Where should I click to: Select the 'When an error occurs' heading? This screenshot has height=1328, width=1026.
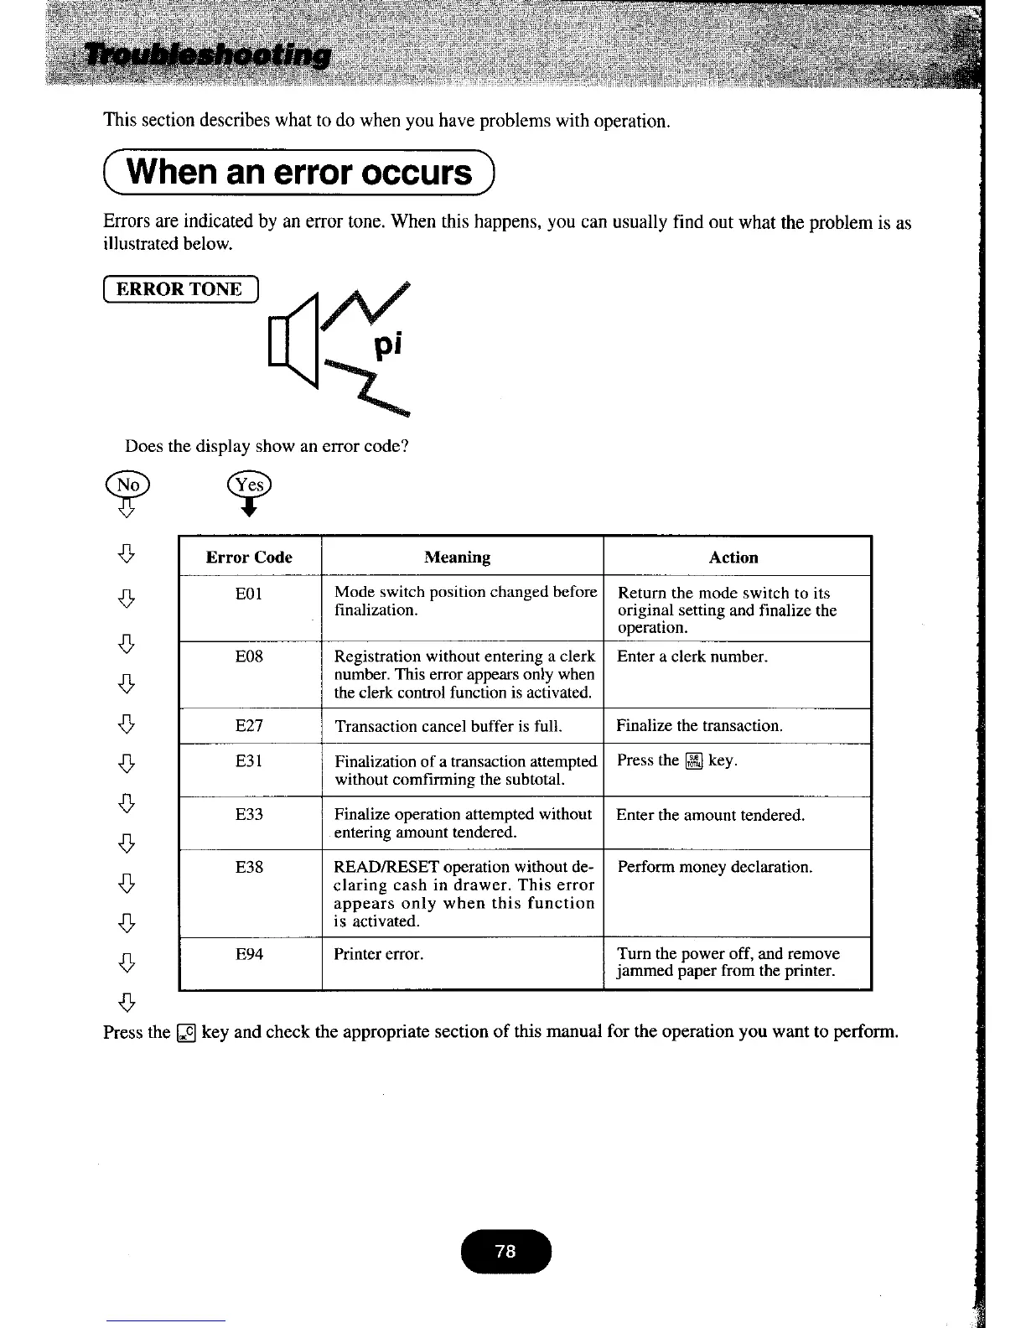[x=299, y=172]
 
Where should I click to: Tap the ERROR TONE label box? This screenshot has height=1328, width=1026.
[x=179, y=289]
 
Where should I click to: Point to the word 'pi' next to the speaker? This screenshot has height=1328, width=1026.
[x=390, y=344]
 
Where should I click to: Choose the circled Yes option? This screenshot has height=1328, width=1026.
[x=249, y=485]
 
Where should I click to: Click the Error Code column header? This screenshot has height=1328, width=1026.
[x=249, y=558]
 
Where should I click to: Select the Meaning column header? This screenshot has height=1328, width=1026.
[x=457, y=558]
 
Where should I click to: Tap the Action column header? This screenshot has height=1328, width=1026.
[x=733, y=558]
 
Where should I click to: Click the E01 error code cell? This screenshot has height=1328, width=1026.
[x=249, y=594]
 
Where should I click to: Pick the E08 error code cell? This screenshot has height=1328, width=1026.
[x=249, y=656]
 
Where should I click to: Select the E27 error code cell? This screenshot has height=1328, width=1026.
[x=249, y=726]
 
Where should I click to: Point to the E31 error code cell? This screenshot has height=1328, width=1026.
[x=249, y=761]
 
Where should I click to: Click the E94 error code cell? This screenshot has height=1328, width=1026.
[x=249, y=954]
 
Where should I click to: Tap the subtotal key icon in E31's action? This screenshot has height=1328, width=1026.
[x=694, y=761]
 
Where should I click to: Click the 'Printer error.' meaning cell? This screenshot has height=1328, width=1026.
[x=379, y=954]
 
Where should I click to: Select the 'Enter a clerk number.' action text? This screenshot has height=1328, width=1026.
[x=692, y=656]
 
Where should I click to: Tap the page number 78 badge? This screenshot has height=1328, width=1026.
[x=505, y=1252]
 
